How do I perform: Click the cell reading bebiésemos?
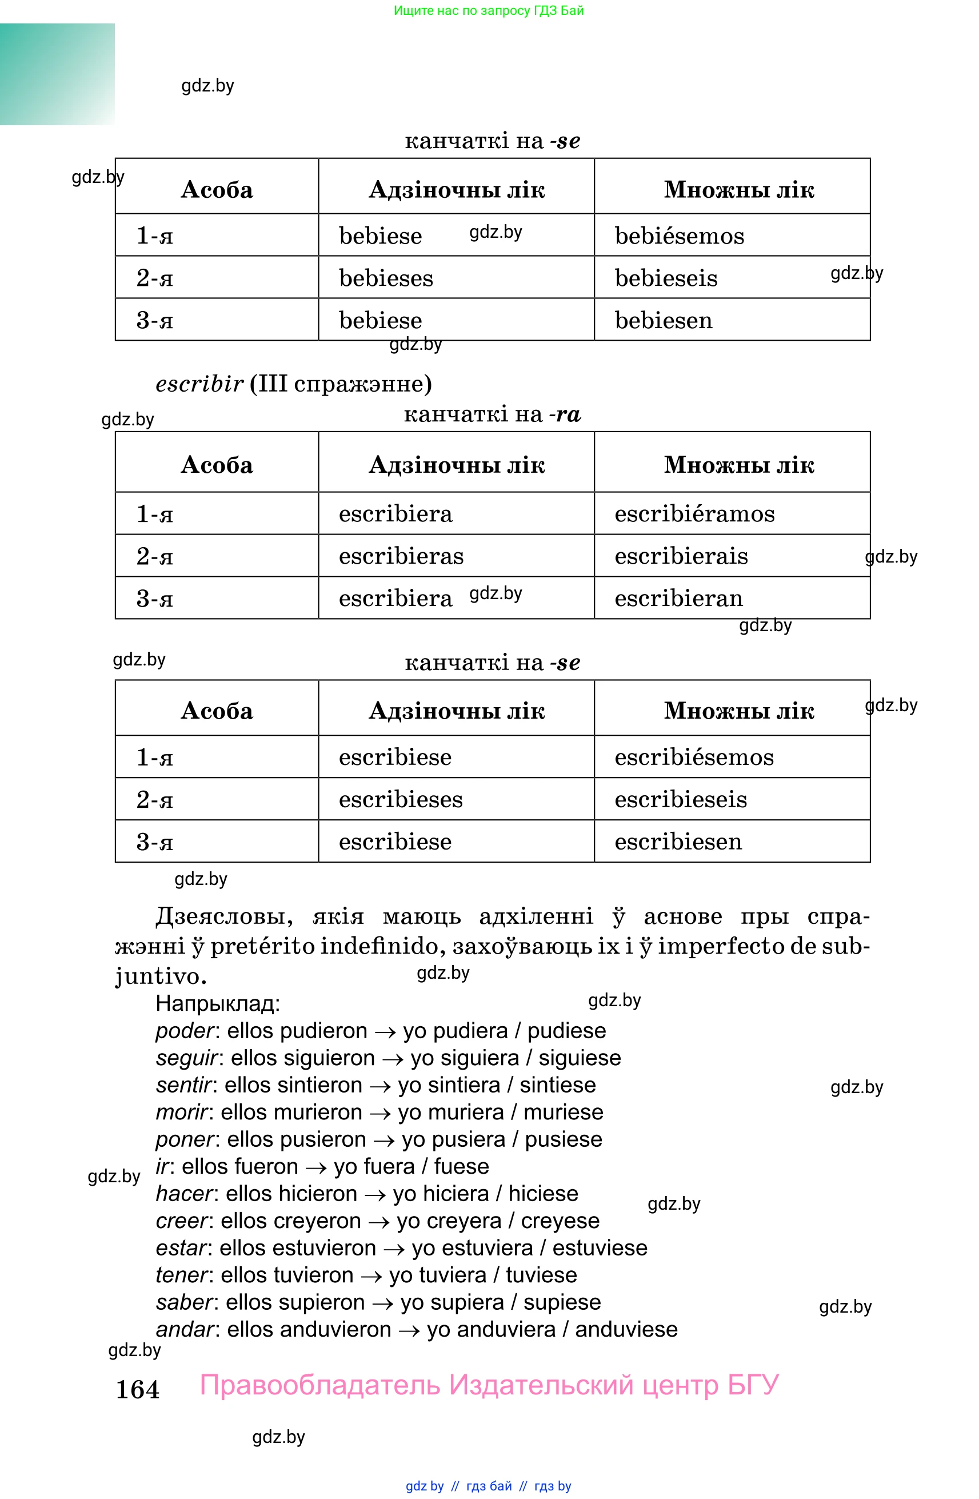coord(680,236)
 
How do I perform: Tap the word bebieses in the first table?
coord(386,278)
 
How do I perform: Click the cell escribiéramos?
coord(694,514)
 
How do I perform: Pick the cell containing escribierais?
coord(681,556)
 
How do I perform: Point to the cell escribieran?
coord(679,599)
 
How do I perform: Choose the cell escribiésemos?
coord(694,757)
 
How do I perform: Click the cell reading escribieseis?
coord(681,799)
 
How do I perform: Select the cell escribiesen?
coord(678,842)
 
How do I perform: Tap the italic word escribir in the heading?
coord(199,384)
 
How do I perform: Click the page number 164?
coord(137,1389)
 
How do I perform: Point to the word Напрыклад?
coord(217,1003)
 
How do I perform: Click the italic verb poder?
coord(185,1031)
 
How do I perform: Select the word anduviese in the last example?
coord(626,1330)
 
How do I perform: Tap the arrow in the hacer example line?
coord(375,1194)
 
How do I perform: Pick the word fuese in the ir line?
coord(461,1167)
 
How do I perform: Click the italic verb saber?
coord(185,1302)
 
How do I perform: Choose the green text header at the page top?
coord(489,11)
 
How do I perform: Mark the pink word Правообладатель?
coord(320,1385)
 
